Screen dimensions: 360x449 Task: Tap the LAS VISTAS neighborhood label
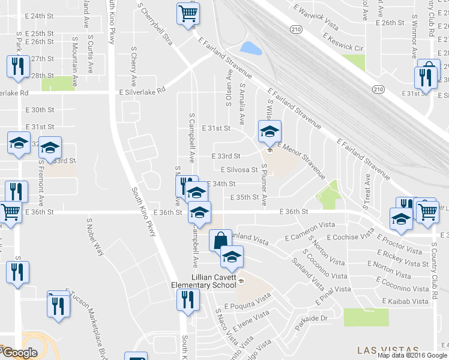[x=387, y=350]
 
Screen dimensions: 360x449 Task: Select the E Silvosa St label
[x=240, y=170]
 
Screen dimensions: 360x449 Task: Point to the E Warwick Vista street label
[x=316, y=19]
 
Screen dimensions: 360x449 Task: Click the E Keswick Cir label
[x=343, y=41]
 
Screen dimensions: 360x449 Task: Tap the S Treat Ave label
[x=366, y=191]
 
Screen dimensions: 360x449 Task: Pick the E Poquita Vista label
[x=248, y=302]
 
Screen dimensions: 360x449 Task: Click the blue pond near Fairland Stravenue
[x=250, y=48]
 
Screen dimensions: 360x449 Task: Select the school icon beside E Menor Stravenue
[x=270, y=131]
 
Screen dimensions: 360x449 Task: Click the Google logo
[x=19, y=353]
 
